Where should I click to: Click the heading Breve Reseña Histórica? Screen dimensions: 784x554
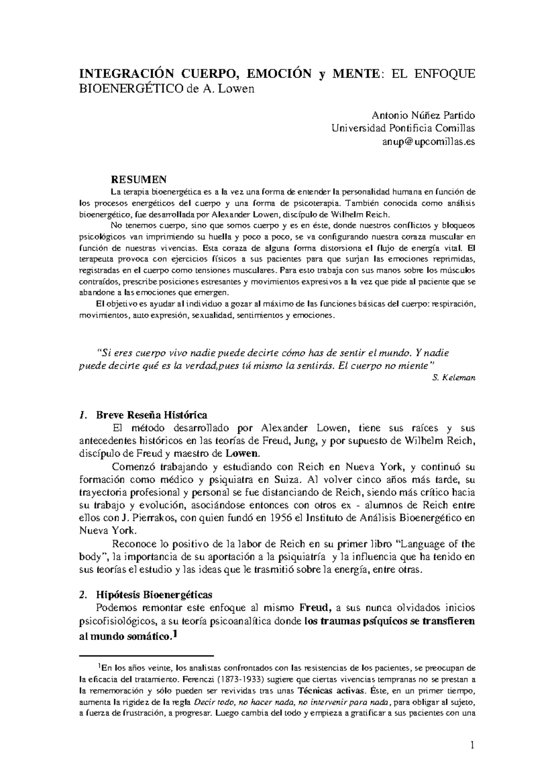click(x=151, y=414)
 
